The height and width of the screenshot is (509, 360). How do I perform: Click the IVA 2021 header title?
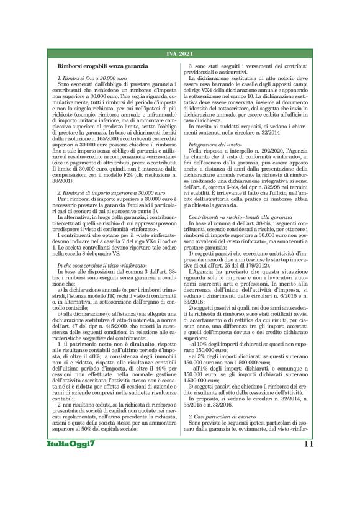point(180,54)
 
